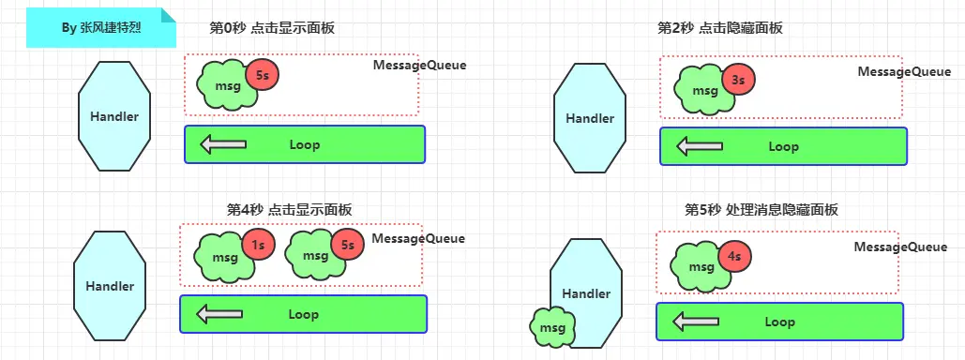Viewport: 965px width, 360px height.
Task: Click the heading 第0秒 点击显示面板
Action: coord(272,28)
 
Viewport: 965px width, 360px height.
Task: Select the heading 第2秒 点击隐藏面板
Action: coord(720,28)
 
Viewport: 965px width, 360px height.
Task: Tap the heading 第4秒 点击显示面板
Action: coord(290,209)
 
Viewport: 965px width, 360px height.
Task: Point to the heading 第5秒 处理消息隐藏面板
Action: coord(761,210)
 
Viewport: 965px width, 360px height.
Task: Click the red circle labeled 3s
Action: coord(738,81)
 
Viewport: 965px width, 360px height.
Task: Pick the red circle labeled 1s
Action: coord(258,246)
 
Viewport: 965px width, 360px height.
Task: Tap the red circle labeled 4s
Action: coord(734,255)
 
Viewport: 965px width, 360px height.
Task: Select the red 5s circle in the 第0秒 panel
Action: coord(262,75)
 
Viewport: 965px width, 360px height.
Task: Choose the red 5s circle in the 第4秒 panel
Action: coord(347,246)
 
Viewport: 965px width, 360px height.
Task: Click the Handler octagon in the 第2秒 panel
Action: coord(590,118)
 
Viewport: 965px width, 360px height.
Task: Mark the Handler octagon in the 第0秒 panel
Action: coord(114,116)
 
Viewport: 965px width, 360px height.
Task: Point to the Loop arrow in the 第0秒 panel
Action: coord(223,144)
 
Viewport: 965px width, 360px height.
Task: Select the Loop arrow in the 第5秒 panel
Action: coord(696,322)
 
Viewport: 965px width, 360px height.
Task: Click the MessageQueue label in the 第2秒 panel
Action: coord(904,71)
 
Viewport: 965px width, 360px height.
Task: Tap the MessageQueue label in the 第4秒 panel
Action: coord(418,238)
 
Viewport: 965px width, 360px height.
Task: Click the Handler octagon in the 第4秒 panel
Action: coord(110,286)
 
